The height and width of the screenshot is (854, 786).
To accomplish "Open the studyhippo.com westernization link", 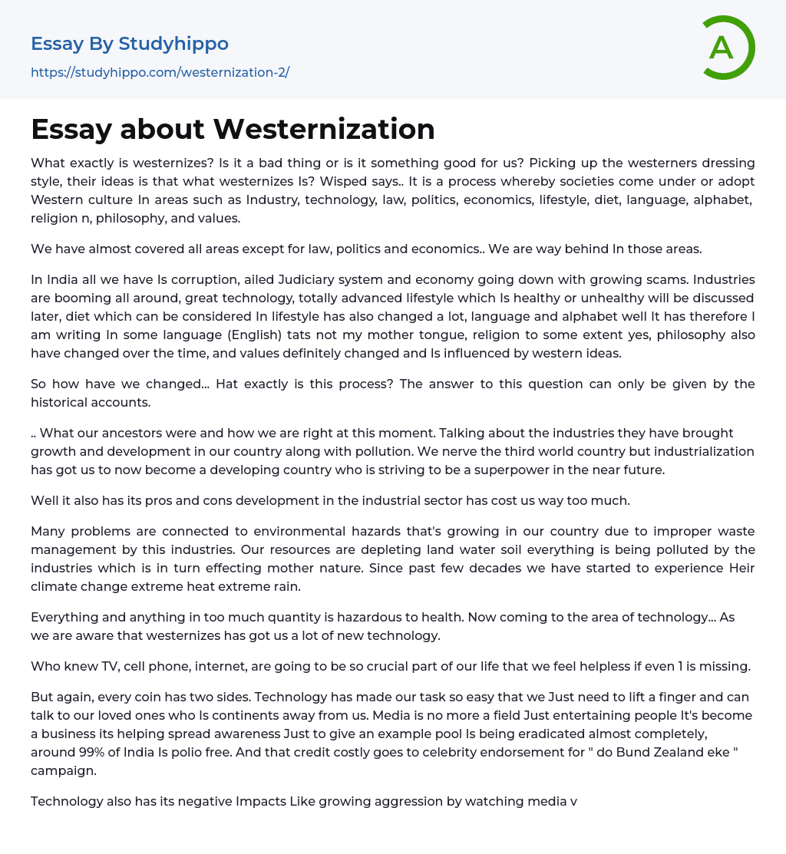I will click(160, 72).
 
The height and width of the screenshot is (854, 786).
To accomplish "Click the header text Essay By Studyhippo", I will click(130, 44).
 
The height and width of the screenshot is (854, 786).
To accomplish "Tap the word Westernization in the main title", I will click(324, 129).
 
